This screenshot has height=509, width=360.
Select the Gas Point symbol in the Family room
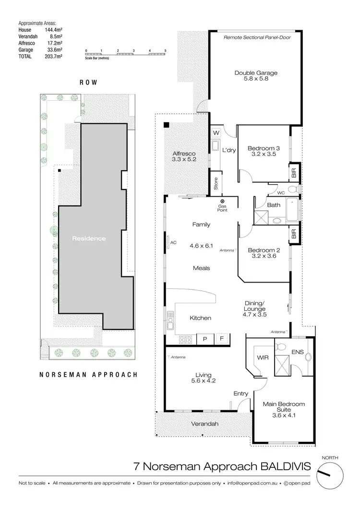(222, 201)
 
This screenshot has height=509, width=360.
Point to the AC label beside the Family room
(173, 243)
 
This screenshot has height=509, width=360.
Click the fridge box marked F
(222, 339)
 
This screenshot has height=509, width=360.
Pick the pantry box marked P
(205, 339)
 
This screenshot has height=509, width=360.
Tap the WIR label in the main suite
(262, 357)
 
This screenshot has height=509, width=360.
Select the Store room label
(216, 183)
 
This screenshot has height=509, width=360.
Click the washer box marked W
(216, 132)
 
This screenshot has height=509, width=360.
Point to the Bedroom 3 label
(264, 148)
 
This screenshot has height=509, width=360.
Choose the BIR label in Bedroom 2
(294, 234)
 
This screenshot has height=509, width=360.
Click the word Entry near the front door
(241, 394)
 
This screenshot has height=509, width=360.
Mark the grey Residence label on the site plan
(89, 238)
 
